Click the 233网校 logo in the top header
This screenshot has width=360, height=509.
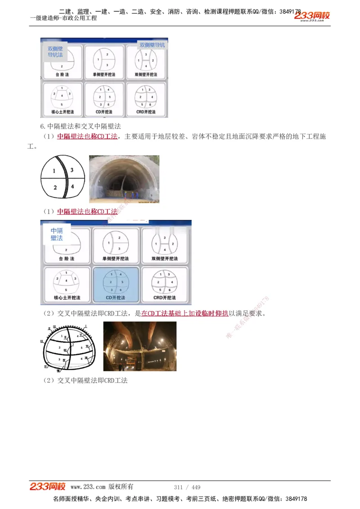pos(312,16)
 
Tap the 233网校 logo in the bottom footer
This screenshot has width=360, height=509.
pos(48,487)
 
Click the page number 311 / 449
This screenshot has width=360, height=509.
pos(187,487)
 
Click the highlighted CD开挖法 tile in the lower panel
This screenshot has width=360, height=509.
pos(116,284)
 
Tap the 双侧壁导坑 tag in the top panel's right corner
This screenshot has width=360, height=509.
pos(152,45)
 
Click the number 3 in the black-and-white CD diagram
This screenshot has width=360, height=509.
pos(72,170)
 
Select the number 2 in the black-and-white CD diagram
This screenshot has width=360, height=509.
pos(55,188)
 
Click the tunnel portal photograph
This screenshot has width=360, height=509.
pos(124,179)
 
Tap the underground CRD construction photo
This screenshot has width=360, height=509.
pos(139,346)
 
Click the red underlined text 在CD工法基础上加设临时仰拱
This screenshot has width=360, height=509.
pos(184,313)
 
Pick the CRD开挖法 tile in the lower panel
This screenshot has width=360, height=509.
pos(164,284)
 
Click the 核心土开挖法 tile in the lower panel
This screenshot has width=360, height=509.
pos(67,284)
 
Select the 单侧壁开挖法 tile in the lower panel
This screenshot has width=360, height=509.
pos(116,245)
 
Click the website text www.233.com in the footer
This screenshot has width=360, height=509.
pos(88,487)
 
